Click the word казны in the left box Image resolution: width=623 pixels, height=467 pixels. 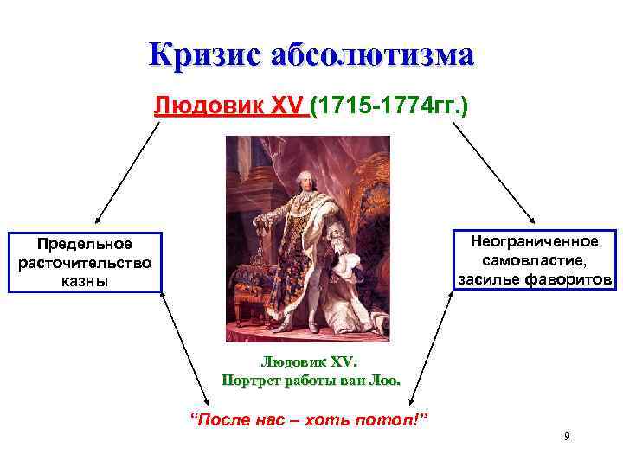coord(85,281)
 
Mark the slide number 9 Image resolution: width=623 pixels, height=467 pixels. coord(566,436)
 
